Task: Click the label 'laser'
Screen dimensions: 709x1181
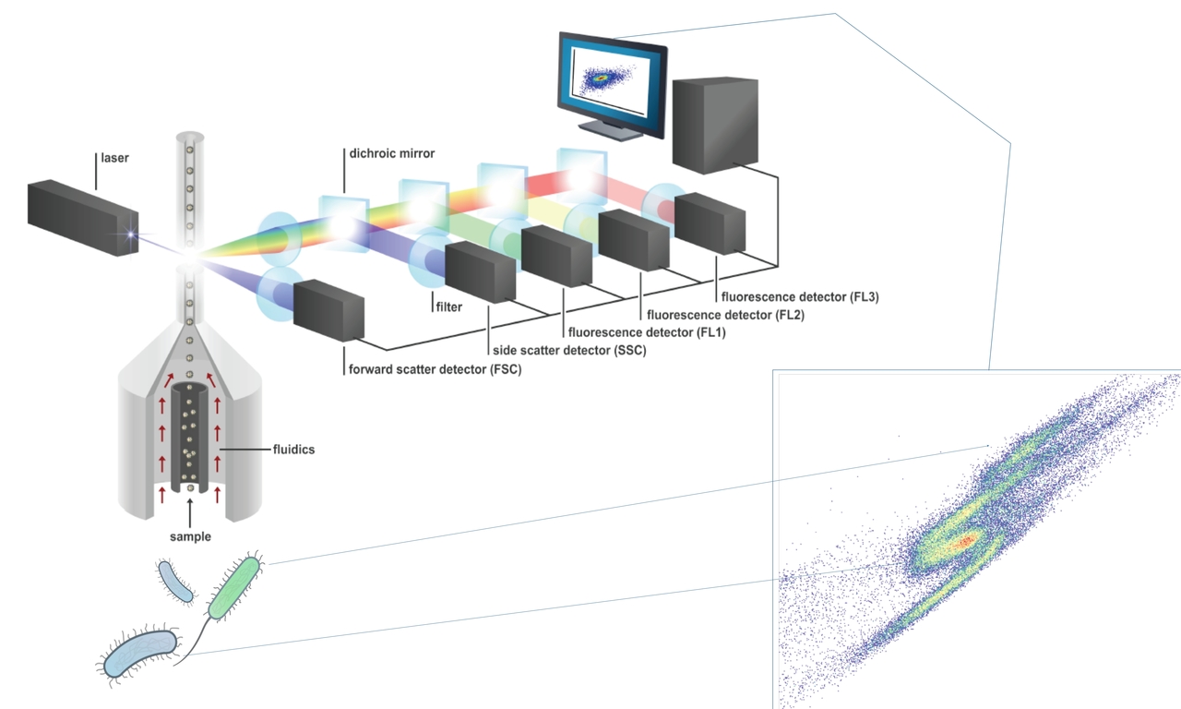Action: [x=114, y=159]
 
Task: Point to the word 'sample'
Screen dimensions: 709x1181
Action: [x=190, y=536]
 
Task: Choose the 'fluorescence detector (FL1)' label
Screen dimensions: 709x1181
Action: [x=647, y=331]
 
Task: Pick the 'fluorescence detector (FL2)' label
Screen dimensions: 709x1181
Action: [x=726, y=314]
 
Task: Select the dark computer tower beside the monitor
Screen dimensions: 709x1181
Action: [x=716, y=124]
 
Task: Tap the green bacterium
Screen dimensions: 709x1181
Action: [x=234, y=588]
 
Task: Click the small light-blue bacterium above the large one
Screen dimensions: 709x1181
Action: [x=176, y=582]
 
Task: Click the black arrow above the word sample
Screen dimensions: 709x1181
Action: [x=190, y=512]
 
